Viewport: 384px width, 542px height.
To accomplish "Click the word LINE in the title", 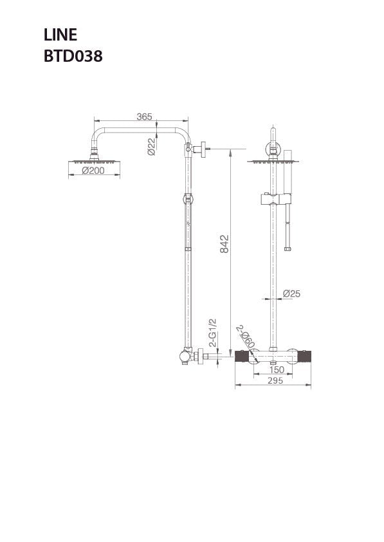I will [x=60, y=35].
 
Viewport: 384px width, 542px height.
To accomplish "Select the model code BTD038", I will [x=73, y=56].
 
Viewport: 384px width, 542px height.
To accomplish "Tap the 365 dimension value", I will [x=144, y=117].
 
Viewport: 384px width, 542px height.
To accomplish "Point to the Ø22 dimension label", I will [x=151, y=146].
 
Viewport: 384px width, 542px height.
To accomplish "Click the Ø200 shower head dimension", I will [x=93, y=171].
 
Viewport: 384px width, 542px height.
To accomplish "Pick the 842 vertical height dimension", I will [x=224, y=244].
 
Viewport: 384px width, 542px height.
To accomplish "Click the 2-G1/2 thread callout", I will [x=213, y=332].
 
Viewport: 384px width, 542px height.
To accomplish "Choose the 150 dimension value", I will [x=277, y=369].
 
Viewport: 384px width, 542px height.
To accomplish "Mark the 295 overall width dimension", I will [x=275, y=381].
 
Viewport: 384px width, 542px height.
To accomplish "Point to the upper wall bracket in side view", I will [x=199, y=149].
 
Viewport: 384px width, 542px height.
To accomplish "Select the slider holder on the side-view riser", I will [x=188, y=199].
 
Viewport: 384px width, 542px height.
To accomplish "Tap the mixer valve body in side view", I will [x=187, y=355].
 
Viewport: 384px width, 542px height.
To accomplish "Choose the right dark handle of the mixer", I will [x=305, y=356].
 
